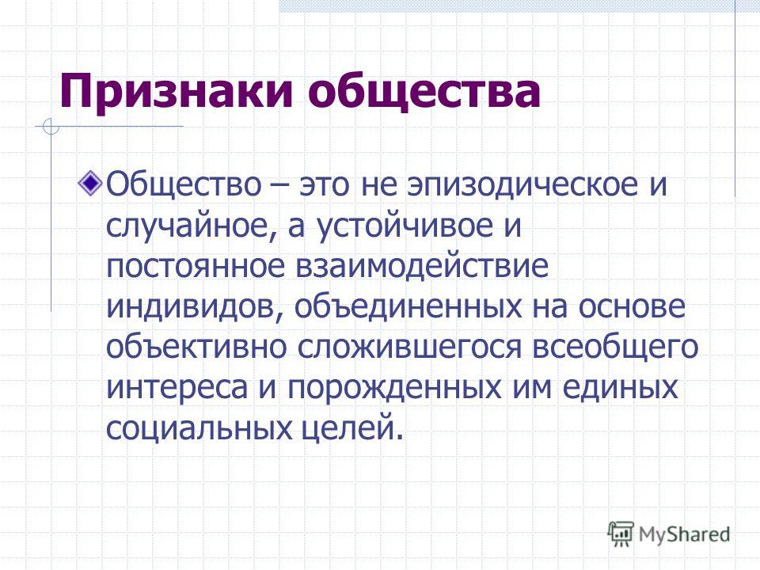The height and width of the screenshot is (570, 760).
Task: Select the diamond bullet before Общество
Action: (90, 184)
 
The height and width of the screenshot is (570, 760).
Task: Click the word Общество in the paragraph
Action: (184, 184)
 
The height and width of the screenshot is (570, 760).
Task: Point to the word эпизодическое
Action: (522, 185)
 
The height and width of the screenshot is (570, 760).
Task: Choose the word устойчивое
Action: (405, 226)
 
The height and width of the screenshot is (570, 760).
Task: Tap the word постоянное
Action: (196, 267)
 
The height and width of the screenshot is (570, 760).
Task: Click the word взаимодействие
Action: (422, 266)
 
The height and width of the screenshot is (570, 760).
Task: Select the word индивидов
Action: (192, 307)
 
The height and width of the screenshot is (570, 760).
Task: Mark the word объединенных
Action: (408, 307)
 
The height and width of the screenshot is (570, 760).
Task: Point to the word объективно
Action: (196, 348)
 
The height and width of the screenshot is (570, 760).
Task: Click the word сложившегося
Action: (409, 348)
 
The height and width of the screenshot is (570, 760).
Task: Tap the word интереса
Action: (177, 388)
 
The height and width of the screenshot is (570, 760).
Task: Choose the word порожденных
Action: (394, 388)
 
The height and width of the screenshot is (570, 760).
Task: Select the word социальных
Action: (199, 429)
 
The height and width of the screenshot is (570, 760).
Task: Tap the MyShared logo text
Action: (684, 534)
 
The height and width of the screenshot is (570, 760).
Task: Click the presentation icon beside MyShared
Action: (621, 533)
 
